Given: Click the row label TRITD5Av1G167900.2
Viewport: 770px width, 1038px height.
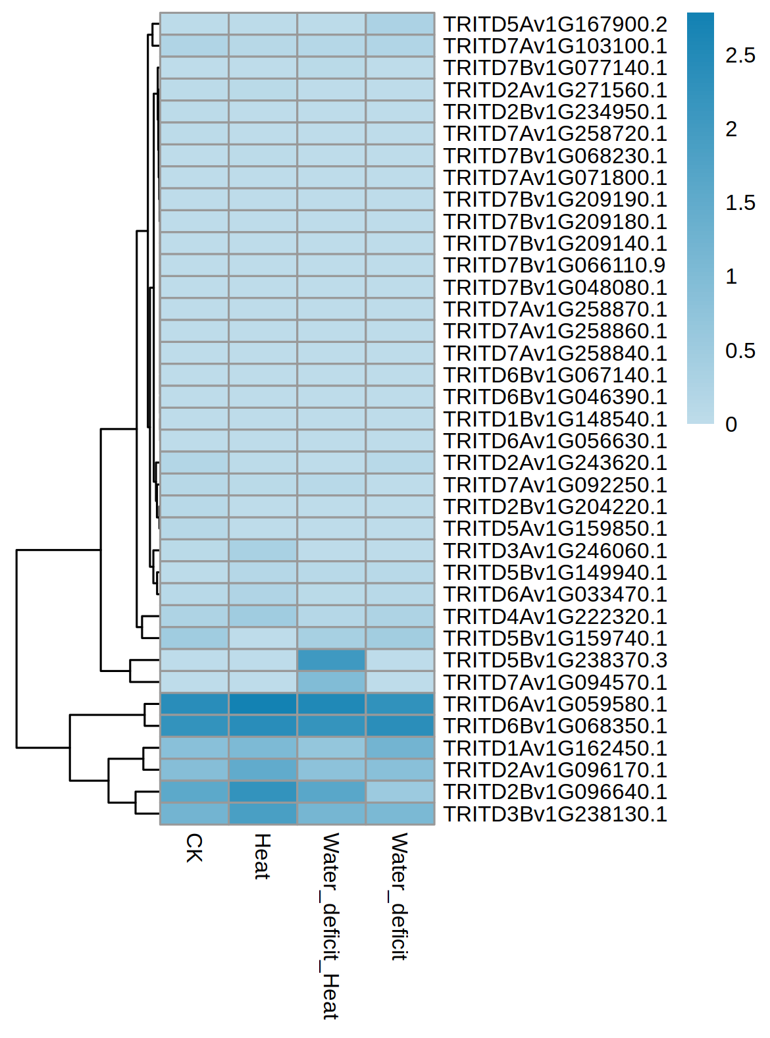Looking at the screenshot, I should [555, 24].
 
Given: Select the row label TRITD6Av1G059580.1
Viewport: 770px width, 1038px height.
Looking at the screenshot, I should [555, 704].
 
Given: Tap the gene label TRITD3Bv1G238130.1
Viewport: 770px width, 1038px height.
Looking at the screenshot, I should [555, 814].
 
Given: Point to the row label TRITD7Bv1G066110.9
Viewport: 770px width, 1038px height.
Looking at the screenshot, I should [554, 265].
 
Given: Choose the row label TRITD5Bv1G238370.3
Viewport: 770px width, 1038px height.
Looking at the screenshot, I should [555, 660].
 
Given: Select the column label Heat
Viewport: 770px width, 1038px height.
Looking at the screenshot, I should [263, 856].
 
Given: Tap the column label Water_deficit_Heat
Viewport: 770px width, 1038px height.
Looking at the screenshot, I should [330, 925].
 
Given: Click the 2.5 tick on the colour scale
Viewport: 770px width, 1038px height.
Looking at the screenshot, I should [740, 56].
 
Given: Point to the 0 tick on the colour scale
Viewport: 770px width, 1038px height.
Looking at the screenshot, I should [731, 425].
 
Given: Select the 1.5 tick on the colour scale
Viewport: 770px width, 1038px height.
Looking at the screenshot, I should [740, 203].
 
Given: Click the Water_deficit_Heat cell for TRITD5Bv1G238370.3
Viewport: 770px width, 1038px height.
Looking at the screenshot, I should [331, 660].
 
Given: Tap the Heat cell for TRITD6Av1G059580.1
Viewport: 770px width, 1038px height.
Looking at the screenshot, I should [263, 704].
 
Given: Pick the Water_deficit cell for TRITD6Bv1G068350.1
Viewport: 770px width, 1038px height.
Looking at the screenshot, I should [400, 726].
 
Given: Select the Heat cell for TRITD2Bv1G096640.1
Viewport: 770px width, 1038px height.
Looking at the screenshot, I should [263, 792].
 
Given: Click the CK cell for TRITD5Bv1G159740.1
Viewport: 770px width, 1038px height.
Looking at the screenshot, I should [194, 638].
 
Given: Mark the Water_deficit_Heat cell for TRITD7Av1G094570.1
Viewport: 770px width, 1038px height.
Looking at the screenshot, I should [331, 683].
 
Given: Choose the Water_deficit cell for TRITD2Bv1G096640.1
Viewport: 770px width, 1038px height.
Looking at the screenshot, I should [400, 792].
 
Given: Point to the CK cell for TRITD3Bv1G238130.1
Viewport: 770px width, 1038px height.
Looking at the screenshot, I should [194, 814].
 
